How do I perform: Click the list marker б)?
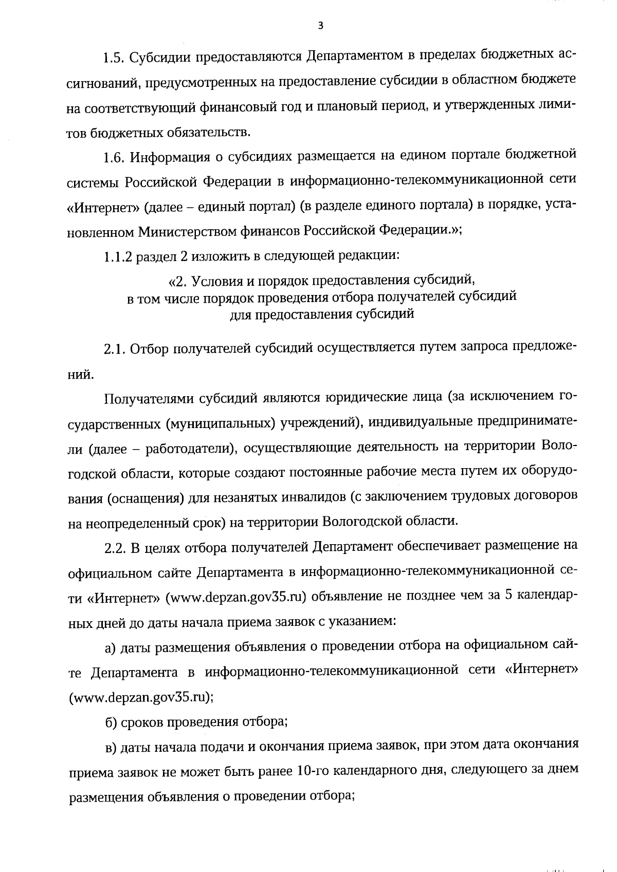(x=111, y=722)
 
